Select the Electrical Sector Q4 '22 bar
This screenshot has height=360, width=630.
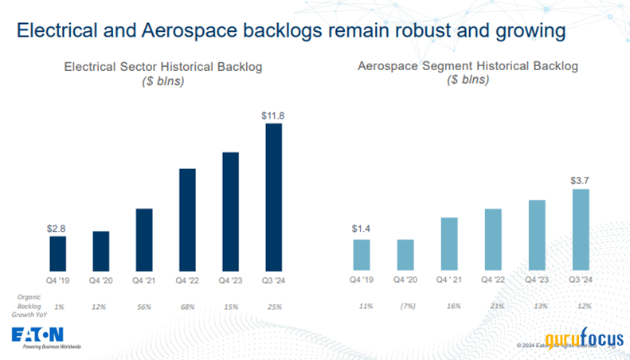pos(187,220)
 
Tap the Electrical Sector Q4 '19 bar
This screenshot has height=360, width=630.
pos(58,253)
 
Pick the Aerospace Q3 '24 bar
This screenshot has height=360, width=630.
pos(580,230)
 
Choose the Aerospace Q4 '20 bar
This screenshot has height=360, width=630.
pos(405,255)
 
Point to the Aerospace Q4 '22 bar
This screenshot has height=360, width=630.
pos(493,240)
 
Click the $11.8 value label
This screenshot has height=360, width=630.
pos(273,115)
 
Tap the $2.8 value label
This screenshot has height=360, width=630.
pos(58,229)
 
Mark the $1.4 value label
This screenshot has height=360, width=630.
pos(362,231)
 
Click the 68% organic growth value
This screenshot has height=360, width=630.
pos(188,307)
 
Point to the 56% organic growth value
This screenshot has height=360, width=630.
pos(145,307)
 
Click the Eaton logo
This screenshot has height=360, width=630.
pos(40,335)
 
